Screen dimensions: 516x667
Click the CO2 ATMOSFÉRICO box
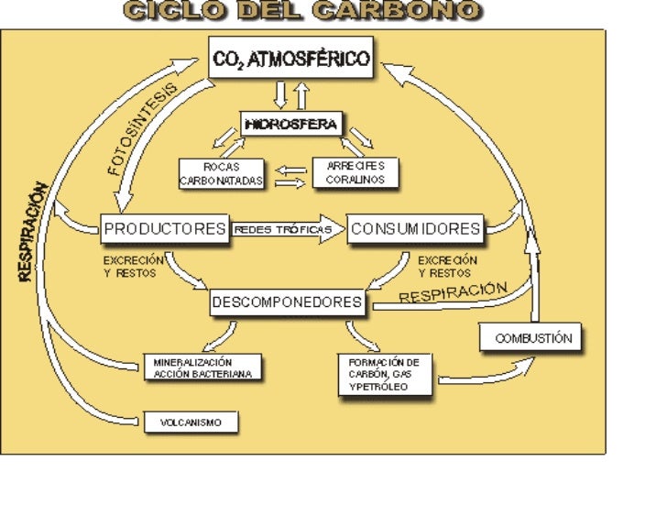291,60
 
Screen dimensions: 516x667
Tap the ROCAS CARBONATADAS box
221,173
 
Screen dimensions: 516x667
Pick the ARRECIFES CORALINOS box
355,172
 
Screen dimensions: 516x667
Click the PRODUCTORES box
164,228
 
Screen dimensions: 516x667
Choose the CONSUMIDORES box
415,228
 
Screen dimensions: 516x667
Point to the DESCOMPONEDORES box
288,302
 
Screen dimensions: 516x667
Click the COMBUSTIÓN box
531,337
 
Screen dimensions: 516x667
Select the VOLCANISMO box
191,423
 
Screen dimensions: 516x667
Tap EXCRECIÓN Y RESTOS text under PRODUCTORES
134,267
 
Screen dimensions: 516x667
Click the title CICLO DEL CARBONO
302,11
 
